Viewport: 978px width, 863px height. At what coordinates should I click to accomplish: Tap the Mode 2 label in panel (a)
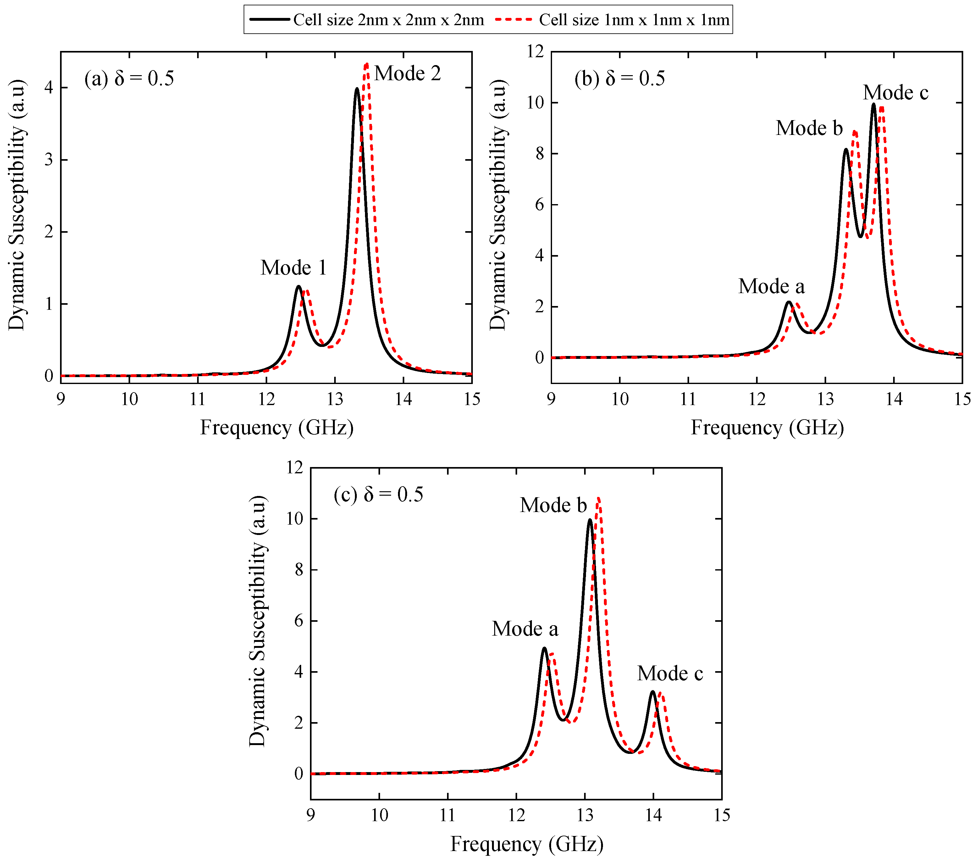pos(407,73)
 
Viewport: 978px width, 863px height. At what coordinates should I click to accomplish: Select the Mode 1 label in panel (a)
pos(293,268)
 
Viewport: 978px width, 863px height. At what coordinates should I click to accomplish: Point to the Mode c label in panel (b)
pos(895,92)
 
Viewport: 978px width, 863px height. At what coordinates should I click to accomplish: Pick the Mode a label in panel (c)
pos(525,628)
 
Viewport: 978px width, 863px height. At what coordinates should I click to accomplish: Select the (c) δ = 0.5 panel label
pos(378,494)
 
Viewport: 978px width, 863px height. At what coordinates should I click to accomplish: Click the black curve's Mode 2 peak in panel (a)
pos(357,89)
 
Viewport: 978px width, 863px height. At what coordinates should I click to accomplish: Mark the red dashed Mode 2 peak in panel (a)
pos(367,64)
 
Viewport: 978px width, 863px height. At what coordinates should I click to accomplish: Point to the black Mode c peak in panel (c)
pos(653,692)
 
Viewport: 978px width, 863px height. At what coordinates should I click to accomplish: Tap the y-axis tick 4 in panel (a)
pos(49,88)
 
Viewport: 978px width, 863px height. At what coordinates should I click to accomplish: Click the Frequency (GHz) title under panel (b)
pos(767,427)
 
